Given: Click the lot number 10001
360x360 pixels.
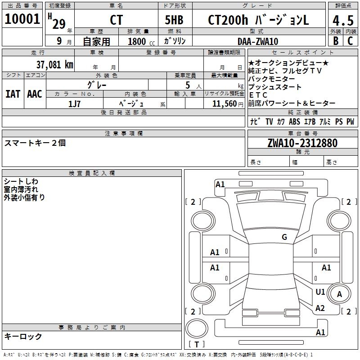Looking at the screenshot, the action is tap(22, 19).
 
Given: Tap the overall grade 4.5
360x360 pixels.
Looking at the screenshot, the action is tap(342, 20).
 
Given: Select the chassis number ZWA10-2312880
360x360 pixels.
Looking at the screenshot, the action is tap(302, 143).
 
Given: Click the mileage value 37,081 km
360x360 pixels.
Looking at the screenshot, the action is tap(54, 64).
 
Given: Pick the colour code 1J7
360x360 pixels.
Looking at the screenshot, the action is tap(75, 103).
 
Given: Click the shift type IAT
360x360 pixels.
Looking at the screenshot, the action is tap(13, 94).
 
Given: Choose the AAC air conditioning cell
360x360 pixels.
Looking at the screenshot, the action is tap(34, 94).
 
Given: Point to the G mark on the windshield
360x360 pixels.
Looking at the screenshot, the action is tap(284, 237).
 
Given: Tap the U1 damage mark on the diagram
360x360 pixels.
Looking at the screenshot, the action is tap(320, 292).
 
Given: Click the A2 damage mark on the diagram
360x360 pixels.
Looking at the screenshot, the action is tap(320, 308).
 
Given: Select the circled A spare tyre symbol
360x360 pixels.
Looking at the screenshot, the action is tap(340, 294).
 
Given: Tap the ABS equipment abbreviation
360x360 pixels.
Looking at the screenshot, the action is tap(294, 121).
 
